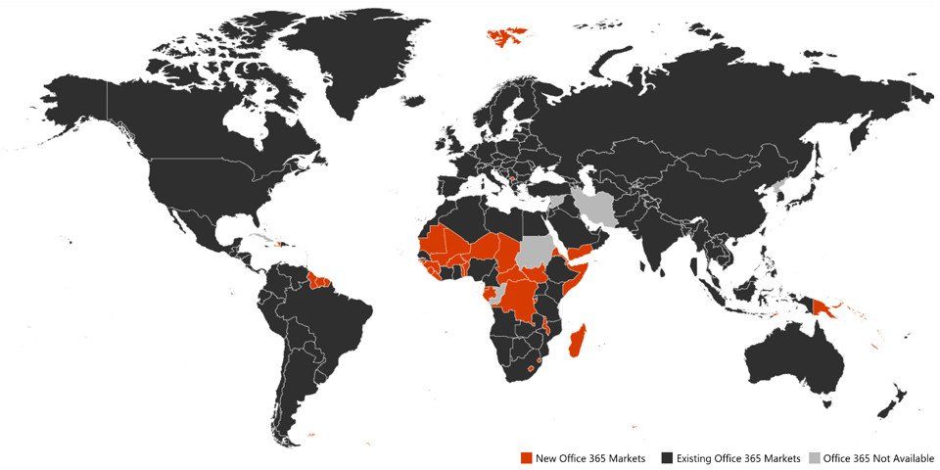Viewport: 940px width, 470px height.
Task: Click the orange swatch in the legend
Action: pos(527,458)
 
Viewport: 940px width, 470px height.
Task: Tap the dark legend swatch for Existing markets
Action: pos(667,458)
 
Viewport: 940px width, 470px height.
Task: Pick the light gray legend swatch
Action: pos(815,458)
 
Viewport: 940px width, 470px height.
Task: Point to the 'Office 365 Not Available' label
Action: pos(878,458)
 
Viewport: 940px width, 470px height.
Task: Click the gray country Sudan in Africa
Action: pos(534,252)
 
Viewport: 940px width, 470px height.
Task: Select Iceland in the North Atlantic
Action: pos(412,100)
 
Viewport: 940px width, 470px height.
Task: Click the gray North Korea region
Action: pos(780,184)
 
